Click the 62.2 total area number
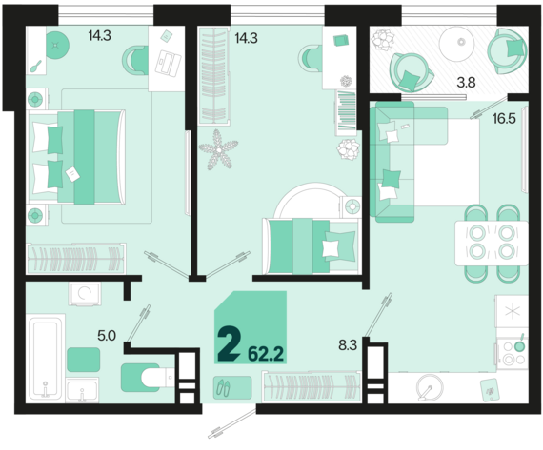(x=266, y=354)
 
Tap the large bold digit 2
(x=229, y=344)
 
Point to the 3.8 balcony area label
(x=466, y=83)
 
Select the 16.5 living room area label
(x=504, y=119)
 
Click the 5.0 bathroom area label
(x=107, y=336)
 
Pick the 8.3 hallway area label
(x=348, y=344)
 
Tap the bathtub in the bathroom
(x=46, y=359)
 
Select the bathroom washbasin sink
(x=83, y=390)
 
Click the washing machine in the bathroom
(x=85, y=294)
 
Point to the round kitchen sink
(x=430, y=387)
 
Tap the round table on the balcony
(x=456, y=43)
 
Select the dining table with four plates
(x=492, y=244)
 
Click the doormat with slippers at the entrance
(x=232, y=387)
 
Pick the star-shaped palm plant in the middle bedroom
(x=218, y=149)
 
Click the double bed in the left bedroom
(x=76, y=157)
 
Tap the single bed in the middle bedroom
(x=312, y=245)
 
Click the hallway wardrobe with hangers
(x=311, y=387)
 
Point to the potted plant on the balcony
(x=383, y=41)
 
